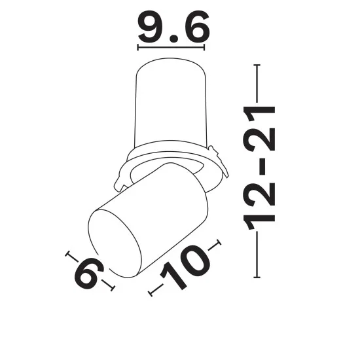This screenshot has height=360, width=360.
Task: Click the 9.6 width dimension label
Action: point(174,27)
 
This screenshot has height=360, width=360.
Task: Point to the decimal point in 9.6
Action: point(175,39)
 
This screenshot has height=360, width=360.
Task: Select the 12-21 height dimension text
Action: point(259,168)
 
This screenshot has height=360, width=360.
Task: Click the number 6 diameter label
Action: point(89,273)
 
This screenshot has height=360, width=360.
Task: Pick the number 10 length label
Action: point(185,268)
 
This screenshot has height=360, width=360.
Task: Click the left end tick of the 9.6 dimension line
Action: point(137,48)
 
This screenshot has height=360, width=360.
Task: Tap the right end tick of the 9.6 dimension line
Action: point(204,48)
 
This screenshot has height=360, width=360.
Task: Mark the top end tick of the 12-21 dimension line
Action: point(257,65)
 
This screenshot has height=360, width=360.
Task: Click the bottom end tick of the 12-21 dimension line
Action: point(257,278)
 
